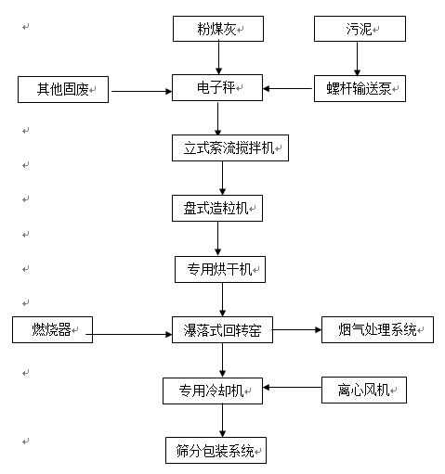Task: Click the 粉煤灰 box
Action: pyautogui.click(x=218, y=29)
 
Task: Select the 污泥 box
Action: pyautogui.click(x=360, y=29)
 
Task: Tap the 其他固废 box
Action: pyautogui.click(x=63, y=89)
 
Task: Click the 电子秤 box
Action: pyautogui.click(x=217, y=87)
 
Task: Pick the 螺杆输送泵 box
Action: pyautogui.click(x=360, y=88)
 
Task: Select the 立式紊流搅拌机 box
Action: pyautogui.click(x=230, y=147)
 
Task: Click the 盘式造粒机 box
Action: pyautogui.click(x=217, y=208)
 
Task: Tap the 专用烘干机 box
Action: pyautogui.click(x=220, y=269)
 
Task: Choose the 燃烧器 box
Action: pyautogui.click(x=52, y=329)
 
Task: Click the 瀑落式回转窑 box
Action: pyautogui.click(x=222, y=329)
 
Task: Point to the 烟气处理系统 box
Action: pyautogui.click(x=377, y=329)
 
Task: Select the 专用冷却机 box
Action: pyautogui.click(x=213, y=391)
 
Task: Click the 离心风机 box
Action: pyautogui.click(x=364, y=390)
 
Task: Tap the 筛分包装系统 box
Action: pyautogui.click(x=216, y=450)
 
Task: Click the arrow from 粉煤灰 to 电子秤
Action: pyautogui.click(x=218, y=58)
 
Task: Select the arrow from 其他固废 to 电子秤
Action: pyautogui.click(x=142, y=91)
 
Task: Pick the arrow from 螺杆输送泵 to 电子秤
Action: pyautogui.click(x=287, y=89)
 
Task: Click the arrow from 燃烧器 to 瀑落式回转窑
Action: pyautogui.click(x=129, y=334)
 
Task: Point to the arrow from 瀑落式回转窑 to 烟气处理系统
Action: pyautogui.click(x=297, y=330)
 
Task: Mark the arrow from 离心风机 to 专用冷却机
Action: pyautogui.click(x=293, y=388)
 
